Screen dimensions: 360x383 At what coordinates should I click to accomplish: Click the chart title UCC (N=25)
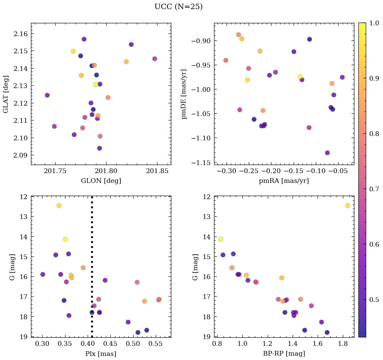[178, 7]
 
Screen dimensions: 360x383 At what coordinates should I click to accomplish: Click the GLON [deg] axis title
[101, 181]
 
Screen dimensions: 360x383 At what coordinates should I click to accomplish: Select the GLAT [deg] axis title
[6, 94]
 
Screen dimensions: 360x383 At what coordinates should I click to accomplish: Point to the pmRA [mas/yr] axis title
[284, 181]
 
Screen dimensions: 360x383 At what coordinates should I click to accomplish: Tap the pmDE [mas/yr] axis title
[184, 94]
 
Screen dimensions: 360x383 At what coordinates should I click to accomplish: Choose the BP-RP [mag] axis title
[284, 354]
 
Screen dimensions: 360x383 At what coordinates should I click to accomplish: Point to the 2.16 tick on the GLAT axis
[21, 34]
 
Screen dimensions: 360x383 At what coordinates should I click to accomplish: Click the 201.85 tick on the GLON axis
[157, 171]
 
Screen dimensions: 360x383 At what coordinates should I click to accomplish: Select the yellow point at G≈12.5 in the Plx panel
[59, 206]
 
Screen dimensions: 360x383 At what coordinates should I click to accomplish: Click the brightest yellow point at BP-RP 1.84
[348, 206]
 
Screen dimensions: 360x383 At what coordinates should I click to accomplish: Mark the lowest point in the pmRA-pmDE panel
[327, 153]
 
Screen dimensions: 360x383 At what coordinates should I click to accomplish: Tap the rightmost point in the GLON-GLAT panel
[154, 59]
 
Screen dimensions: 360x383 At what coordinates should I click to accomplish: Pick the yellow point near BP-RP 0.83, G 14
[220, 239]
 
